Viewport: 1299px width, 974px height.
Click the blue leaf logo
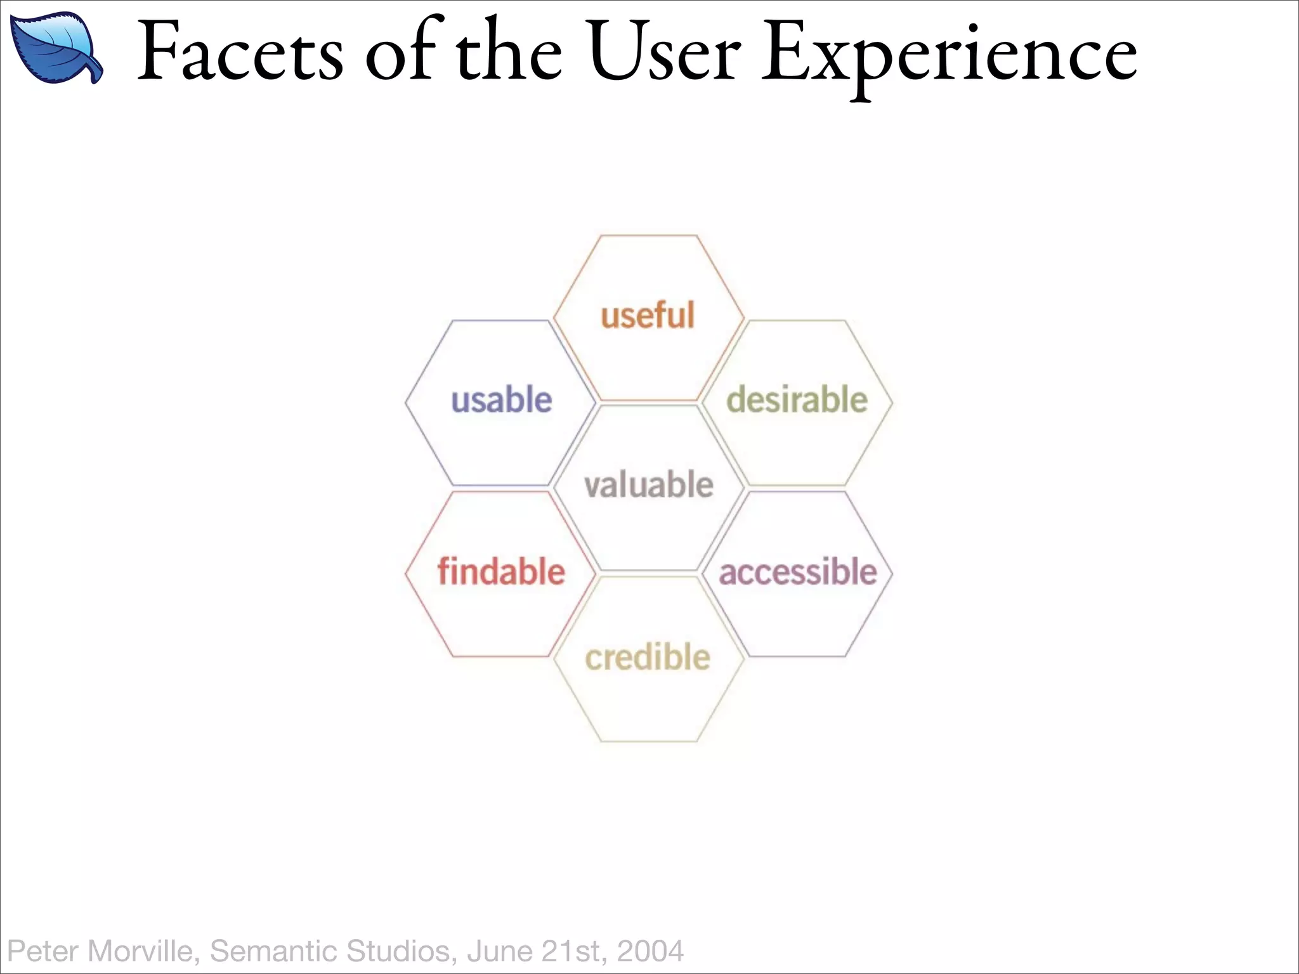point(56,48)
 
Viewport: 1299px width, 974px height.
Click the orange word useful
point(648,316)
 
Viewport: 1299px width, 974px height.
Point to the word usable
point(501,400)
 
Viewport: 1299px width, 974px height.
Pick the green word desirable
point(797,400)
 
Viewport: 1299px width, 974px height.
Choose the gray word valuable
point(649,485)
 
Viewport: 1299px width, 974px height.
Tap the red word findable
point(501,571)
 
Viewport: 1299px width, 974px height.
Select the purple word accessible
point(798,571)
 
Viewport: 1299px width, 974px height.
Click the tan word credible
point(648,658)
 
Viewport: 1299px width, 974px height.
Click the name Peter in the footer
point(42,951)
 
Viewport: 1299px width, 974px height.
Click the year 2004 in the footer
point(650,951)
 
